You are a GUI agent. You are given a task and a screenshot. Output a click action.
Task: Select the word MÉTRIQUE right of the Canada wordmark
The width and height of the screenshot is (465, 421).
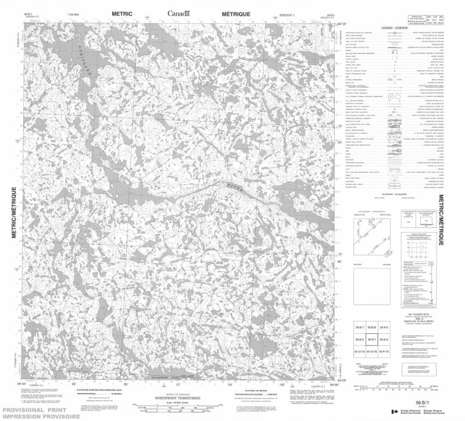[233, 13]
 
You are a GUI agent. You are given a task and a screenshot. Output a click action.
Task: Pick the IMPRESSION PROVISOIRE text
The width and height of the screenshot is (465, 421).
[40, 416]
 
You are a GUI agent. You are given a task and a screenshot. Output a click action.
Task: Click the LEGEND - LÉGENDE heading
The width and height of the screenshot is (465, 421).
[395, 28]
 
